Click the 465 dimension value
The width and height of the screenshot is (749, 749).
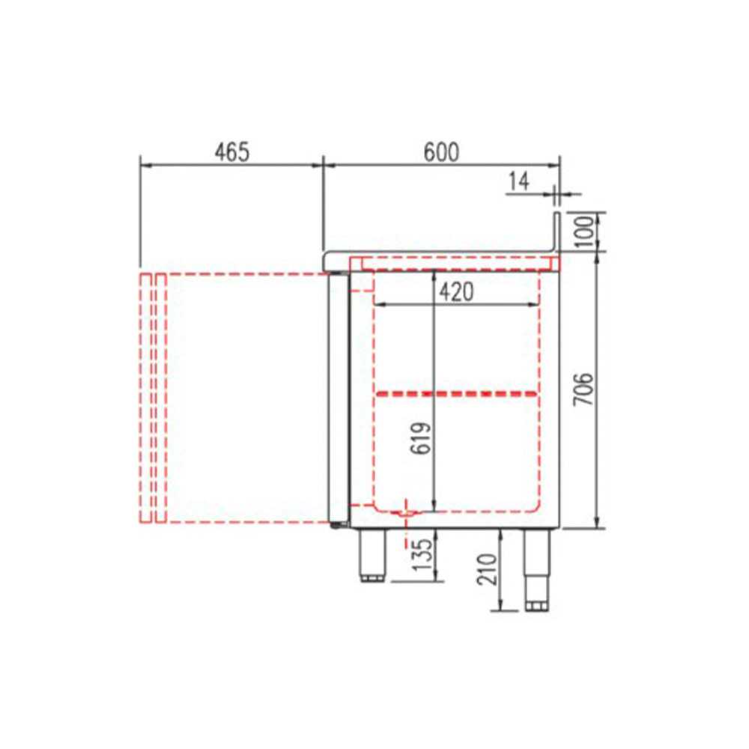(232, 152)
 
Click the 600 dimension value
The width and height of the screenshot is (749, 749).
(441, 152)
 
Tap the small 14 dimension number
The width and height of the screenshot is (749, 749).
(519, 181)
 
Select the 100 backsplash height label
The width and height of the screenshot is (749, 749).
(584, 231)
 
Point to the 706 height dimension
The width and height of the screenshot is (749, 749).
(583, 388)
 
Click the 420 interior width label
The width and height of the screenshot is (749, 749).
(456, 292)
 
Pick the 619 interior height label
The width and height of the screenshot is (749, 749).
(421, 438)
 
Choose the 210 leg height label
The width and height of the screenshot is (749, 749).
(488, 569)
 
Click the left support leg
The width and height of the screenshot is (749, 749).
(372, 555)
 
